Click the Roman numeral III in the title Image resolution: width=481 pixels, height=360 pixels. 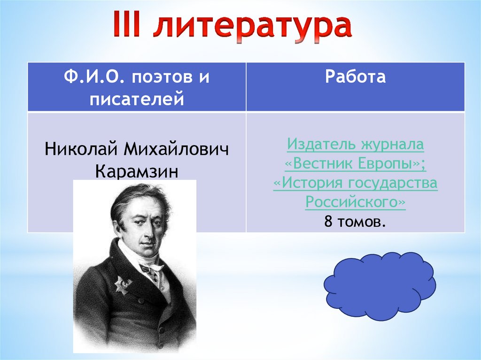click(x=126, y=23)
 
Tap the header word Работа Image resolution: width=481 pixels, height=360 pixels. click(x=355, y=77)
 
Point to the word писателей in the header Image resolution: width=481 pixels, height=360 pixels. click(x=137, y=99)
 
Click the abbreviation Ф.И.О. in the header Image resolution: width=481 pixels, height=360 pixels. click(x=94, y=76)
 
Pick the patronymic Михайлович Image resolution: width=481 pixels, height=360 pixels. click(x=177, y=149)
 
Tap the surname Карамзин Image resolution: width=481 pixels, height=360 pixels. click(x=137, y=171)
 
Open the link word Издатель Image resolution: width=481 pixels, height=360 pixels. click(x=322, y=144)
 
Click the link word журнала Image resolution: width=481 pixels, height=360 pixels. click(x=393, y=145)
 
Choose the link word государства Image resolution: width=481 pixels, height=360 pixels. click(x=393, y=183)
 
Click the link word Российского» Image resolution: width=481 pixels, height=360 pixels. click(x=356, y=202)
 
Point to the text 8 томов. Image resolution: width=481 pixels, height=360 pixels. click(x=355, y=222)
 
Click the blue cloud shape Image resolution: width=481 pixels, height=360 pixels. click(x=380, y=286)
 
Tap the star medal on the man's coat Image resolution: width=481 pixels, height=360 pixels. click(x=123, y=285)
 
